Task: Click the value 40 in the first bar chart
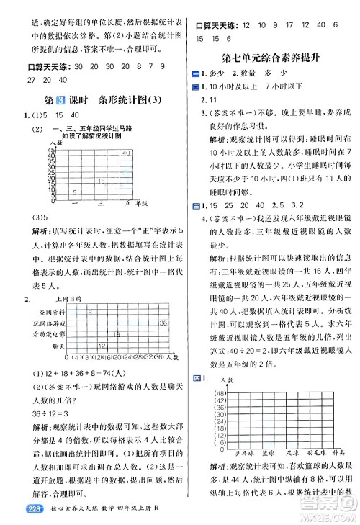point(125,153)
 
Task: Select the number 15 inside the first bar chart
point(103,181)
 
